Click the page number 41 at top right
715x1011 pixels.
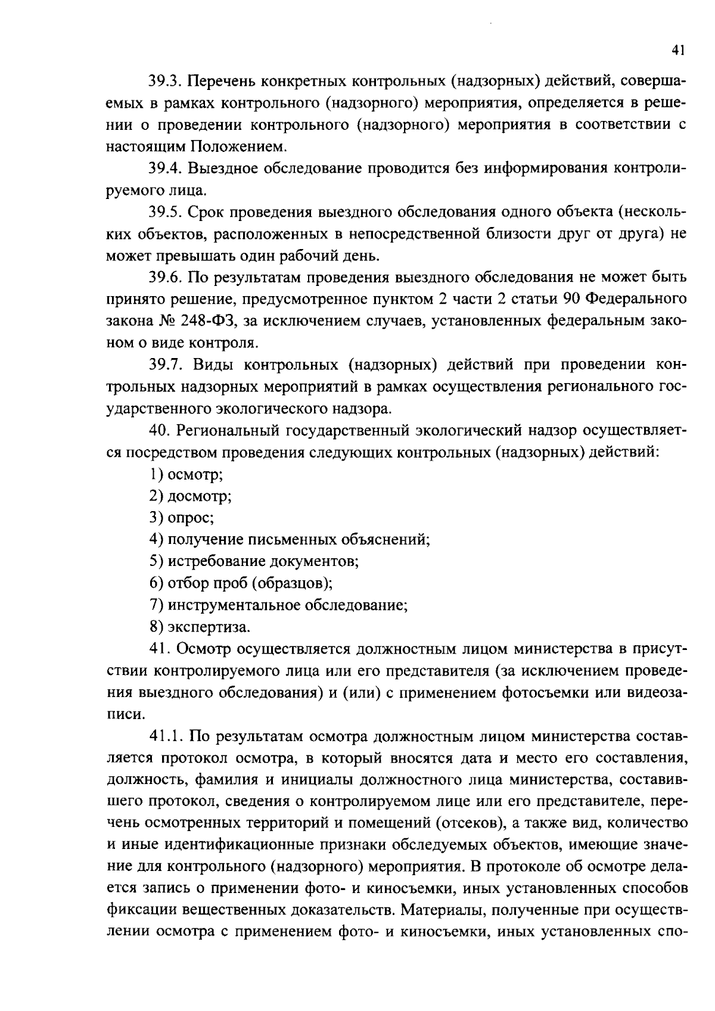(677, 51)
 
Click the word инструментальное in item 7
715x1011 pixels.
(235, 605)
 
